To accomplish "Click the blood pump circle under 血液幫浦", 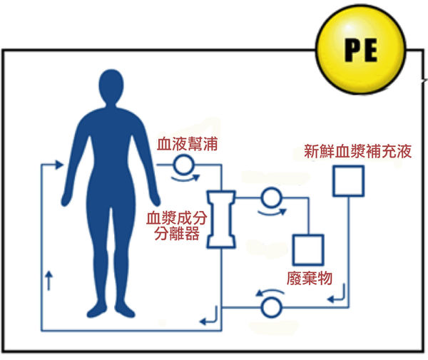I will coord(181,165).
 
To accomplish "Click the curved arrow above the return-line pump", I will coord(269,293).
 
